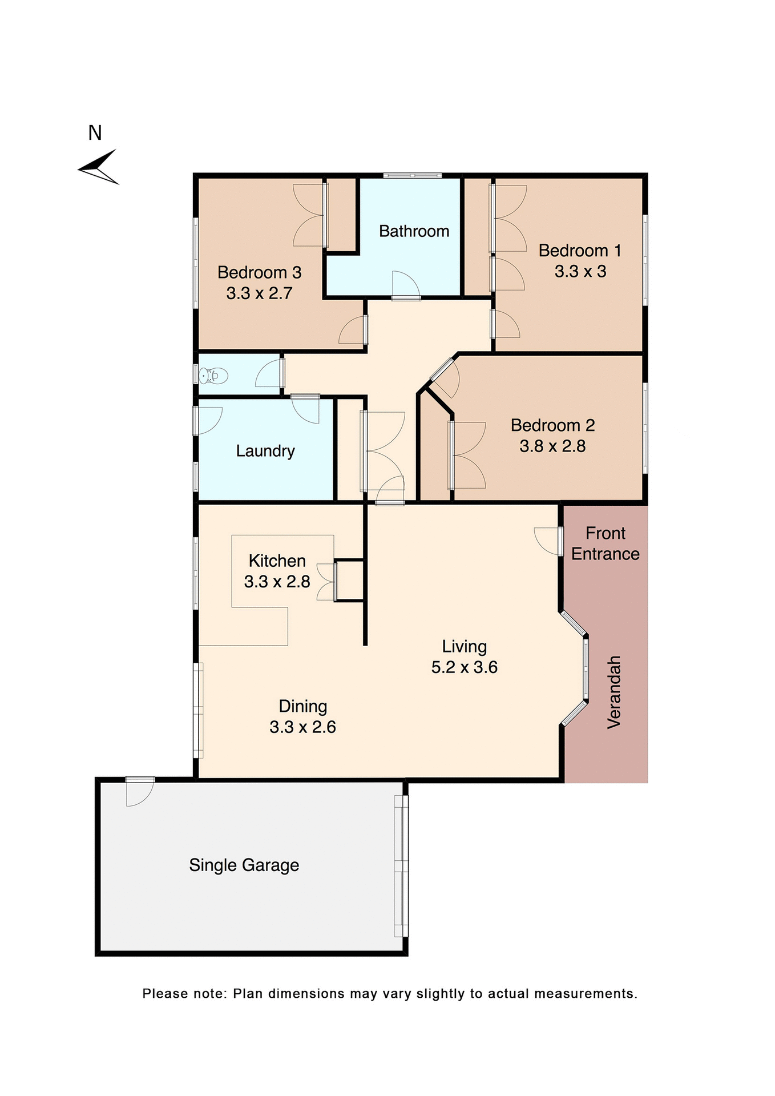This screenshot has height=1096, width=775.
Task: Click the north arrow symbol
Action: pyautogui.click(x=99, y=167)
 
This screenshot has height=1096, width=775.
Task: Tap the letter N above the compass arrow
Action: pyautogui.click(x=95, y=133)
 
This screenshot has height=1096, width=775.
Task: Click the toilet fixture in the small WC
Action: pyautogui.click(x=213, y=376)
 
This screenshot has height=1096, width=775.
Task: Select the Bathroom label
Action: pyautogui.click(x=414, y=231)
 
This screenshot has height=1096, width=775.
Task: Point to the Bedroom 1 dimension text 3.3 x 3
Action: pyautogui.click(x=580, y=272)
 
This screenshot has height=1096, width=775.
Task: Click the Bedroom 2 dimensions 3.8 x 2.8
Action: pyautogui.click(x=552, y=446)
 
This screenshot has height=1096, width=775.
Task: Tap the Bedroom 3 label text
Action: pyautogui.click(x=259, y=272)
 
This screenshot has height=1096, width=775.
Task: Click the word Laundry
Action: pyautogui.click(x=265, y=451)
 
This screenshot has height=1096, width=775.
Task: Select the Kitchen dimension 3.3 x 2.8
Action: pyautogui.click(x=277, y=582)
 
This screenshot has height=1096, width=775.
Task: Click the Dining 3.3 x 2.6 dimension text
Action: pyautogui.click(x=302, y=727)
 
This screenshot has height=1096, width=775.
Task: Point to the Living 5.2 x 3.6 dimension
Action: pyautogui.click(x=464, y=667)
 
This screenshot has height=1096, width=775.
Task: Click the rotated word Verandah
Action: pyautogui.click(x=613, y=692)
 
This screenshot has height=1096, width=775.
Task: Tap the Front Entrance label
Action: pyautogui.click(x=605, y=543)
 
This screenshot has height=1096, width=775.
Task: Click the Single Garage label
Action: pyautogui.click(x=244, y=865)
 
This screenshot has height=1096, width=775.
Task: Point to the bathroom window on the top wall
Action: pyautogui.click(x=412, y=175)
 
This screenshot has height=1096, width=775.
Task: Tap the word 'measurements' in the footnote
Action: pyautogui.click(x=585, y=994)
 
